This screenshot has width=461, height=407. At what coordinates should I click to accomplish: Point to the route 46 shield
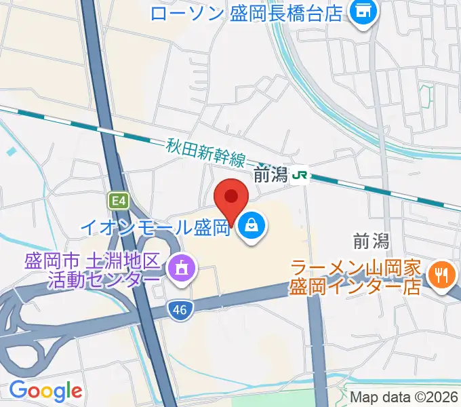point(177,309)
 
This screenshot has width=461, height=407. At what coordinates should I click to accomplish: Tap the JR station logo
point(300,176)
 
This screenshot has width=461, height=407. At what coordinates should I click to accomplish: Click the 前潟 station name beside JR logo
point(270,176)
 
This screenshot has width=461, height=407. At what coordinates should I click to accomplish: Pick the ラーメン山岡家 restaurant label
point(357,267)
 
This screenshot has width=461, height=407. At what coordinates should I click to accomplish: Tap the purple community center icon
point(182,268)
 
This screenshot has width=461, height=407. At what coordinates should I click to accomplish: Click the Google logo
point(45,391)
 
